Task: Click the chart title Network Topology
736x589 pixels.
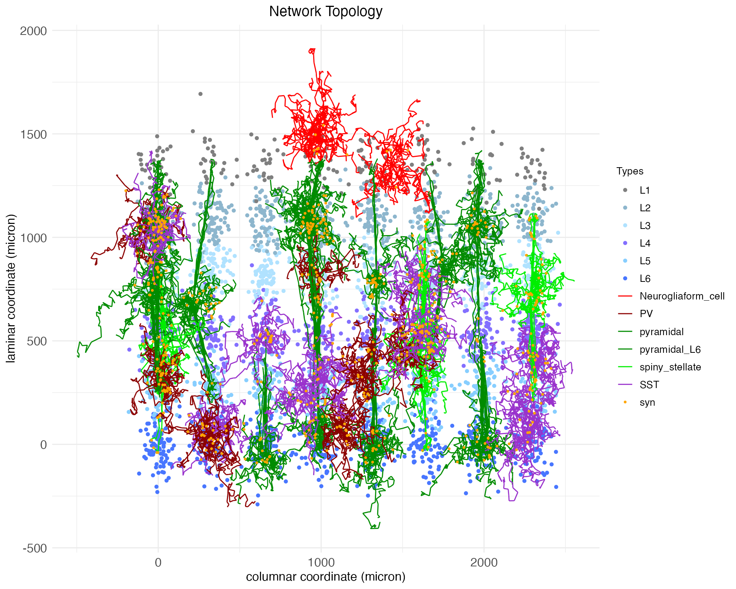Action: (325, 12)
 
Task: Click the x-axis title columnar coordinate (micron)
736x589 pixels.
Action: (325, 576)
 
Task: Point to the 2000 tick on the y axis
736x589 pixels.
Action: (33, 31)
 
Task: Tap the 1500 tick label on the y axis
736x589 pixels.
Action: (33, 134)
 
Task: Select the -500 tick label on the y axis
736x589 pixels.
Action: (35, 548)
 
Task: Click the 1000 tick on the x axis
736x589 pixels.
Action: (321, 563)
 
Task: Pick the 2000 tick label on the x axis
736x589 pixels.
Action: (484, 563)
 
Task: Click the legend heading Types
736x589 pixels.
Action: (630, 171)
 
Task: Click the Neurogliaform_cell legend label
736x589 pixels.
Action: (682, 296)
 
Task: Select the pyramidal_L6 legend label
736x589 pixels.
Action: (670, 349)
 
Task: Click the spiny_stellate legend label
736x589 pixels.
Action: (670, 367)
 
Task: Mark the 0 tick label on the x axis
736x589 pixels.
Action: (158, 563)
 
